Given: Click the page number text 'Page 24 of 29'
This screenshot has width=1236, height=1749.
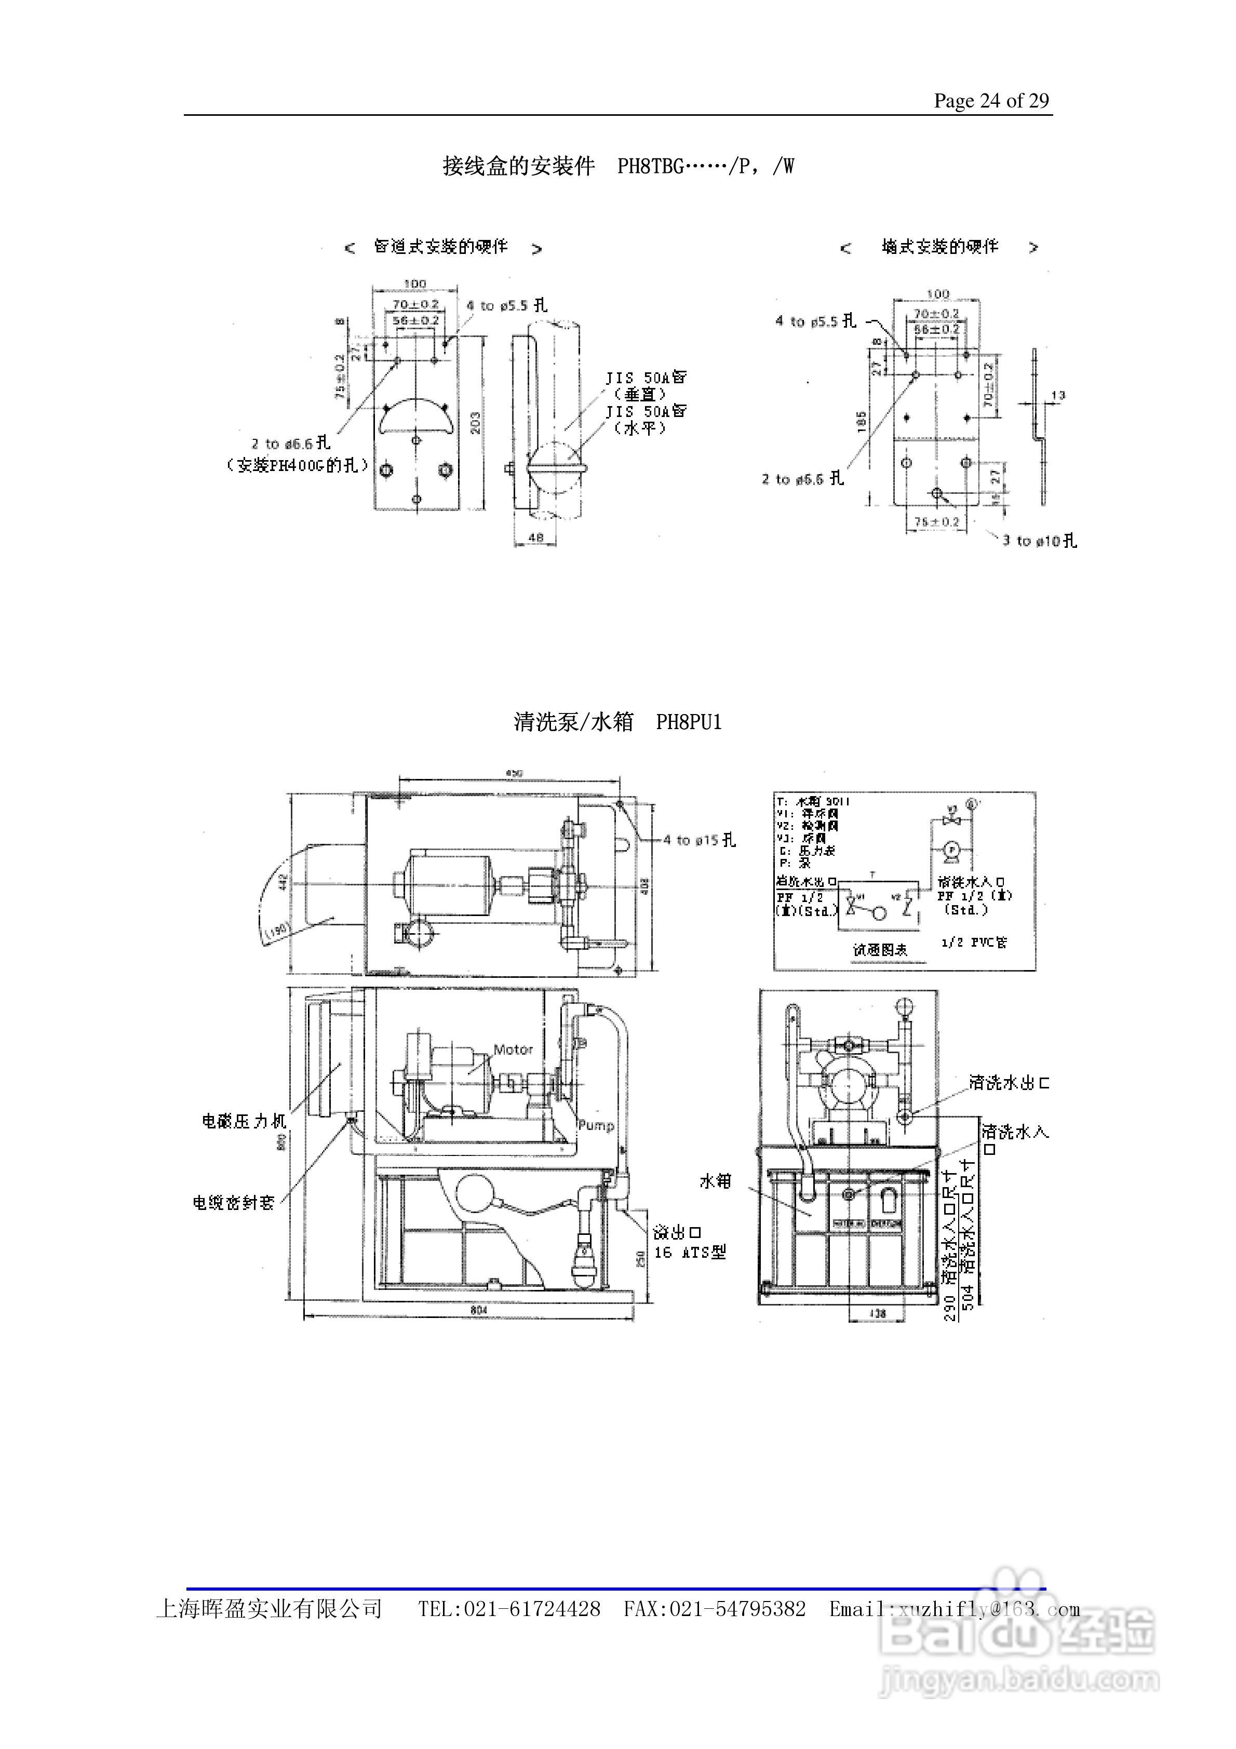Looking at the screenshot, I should click(991, 101).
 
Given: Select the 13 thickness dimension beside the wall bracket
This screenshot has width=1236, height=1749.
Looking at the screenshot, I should click(1058, 395).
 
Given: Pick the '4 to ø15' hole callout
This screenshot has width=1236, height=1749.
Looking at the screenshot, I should click(699, 840).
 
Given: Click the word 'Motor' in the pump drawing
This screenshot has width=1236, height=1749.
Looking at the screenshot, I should click(513, 1050).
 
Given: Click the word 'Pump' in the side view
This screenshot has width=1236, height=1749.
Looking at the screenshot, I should click(595, 1125).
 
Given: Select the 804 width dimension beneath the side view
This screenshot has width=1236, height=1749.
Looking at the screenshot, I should click(478, 1310).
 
